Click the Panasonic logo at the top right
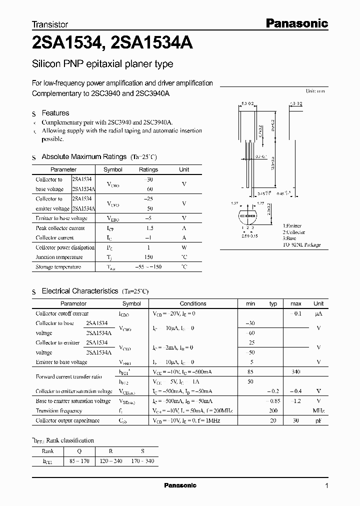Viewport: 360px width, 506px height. click(296, 22)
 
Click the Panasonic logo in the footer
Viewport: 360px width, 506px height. click(180, 485)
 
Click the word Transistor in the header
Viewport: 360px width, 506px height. click(50, 24)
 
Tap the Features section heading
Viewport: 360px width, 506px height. click(55, 113)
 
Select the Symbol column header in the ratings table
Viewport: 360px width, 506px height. click(112, 169)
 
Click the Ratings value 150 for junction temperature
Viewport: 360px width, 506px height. click(148, 257)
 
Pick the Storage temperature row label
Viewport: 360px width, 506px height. click(58, 267)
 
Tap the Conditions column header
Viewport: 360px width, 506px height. click(193, 303)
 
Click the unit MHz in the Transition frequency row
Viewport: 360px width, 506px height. click(318, 410)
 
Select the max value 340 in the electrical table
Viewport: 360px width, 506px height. click(296, 371)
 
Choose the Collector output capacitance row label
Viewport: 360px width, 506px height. click(67, 420)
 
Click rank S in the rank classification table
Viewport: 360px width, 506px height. click(142, 450)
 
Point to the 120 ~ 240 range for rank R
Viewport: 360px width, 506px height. click(111, 460)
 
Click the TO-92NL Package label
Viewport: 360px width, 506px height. click(301, 245)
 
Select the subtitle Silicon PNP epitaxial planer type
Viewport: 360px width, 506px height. click(102, 64)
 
